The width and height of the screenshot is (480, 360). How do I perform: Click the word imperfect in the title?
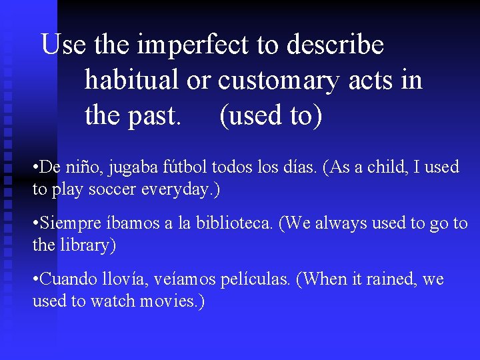click(x=193, y=45)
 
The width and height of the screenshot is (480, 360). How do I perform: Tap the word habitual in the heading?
click(x=131, y=80)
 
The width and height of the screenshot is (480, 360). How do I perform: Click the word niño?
click(x=82, y=167)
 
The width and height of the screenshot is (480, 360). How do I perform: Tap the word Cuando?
click(x=69, y=279)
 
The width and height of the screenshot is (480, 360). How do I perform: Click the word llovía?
click(x=127, y=279)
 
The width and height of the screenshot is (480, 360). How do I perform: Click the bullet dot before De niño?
click(x=35, y=167)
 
